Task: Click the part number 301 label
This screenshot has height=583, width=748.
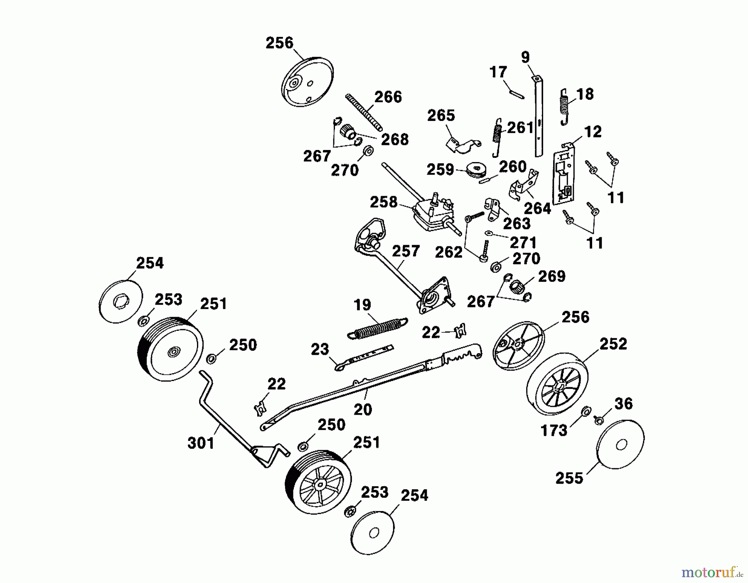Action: [201, 443]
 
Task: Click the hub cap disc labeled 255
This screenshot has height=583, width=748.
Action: [620, 444]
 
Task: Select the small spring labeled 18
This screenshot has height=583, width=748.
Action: [563, 106]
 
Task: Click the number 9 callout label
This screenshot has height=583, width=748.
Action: [525, 57]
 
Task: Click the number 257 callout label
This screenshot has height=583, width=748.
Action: [406, 251]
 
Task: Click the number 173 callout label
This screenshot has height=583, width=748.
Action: [554, 430]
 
